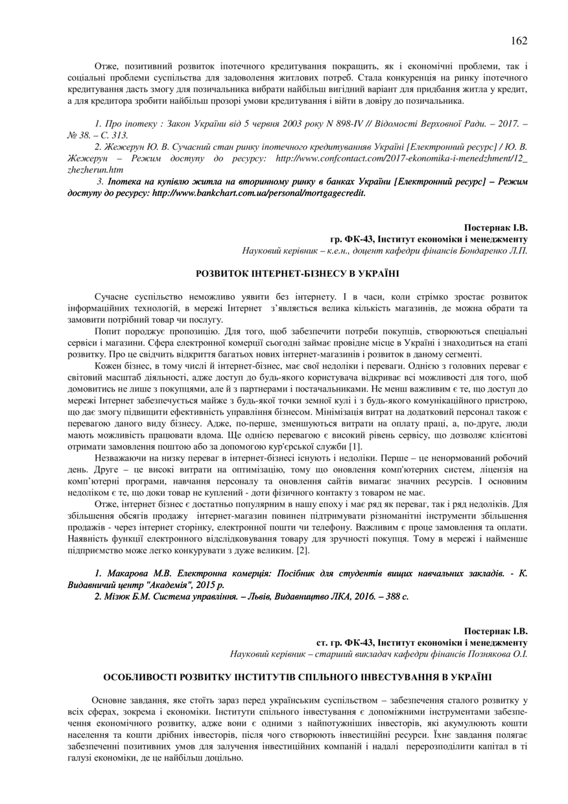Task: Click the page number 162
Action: (519, 41)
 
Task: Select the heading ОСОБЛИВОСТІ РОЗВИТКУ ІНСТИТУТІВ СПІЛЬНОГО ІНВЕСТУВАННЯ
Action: (298, 678)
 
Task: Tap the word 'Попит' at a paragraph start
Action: (107, 331)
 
